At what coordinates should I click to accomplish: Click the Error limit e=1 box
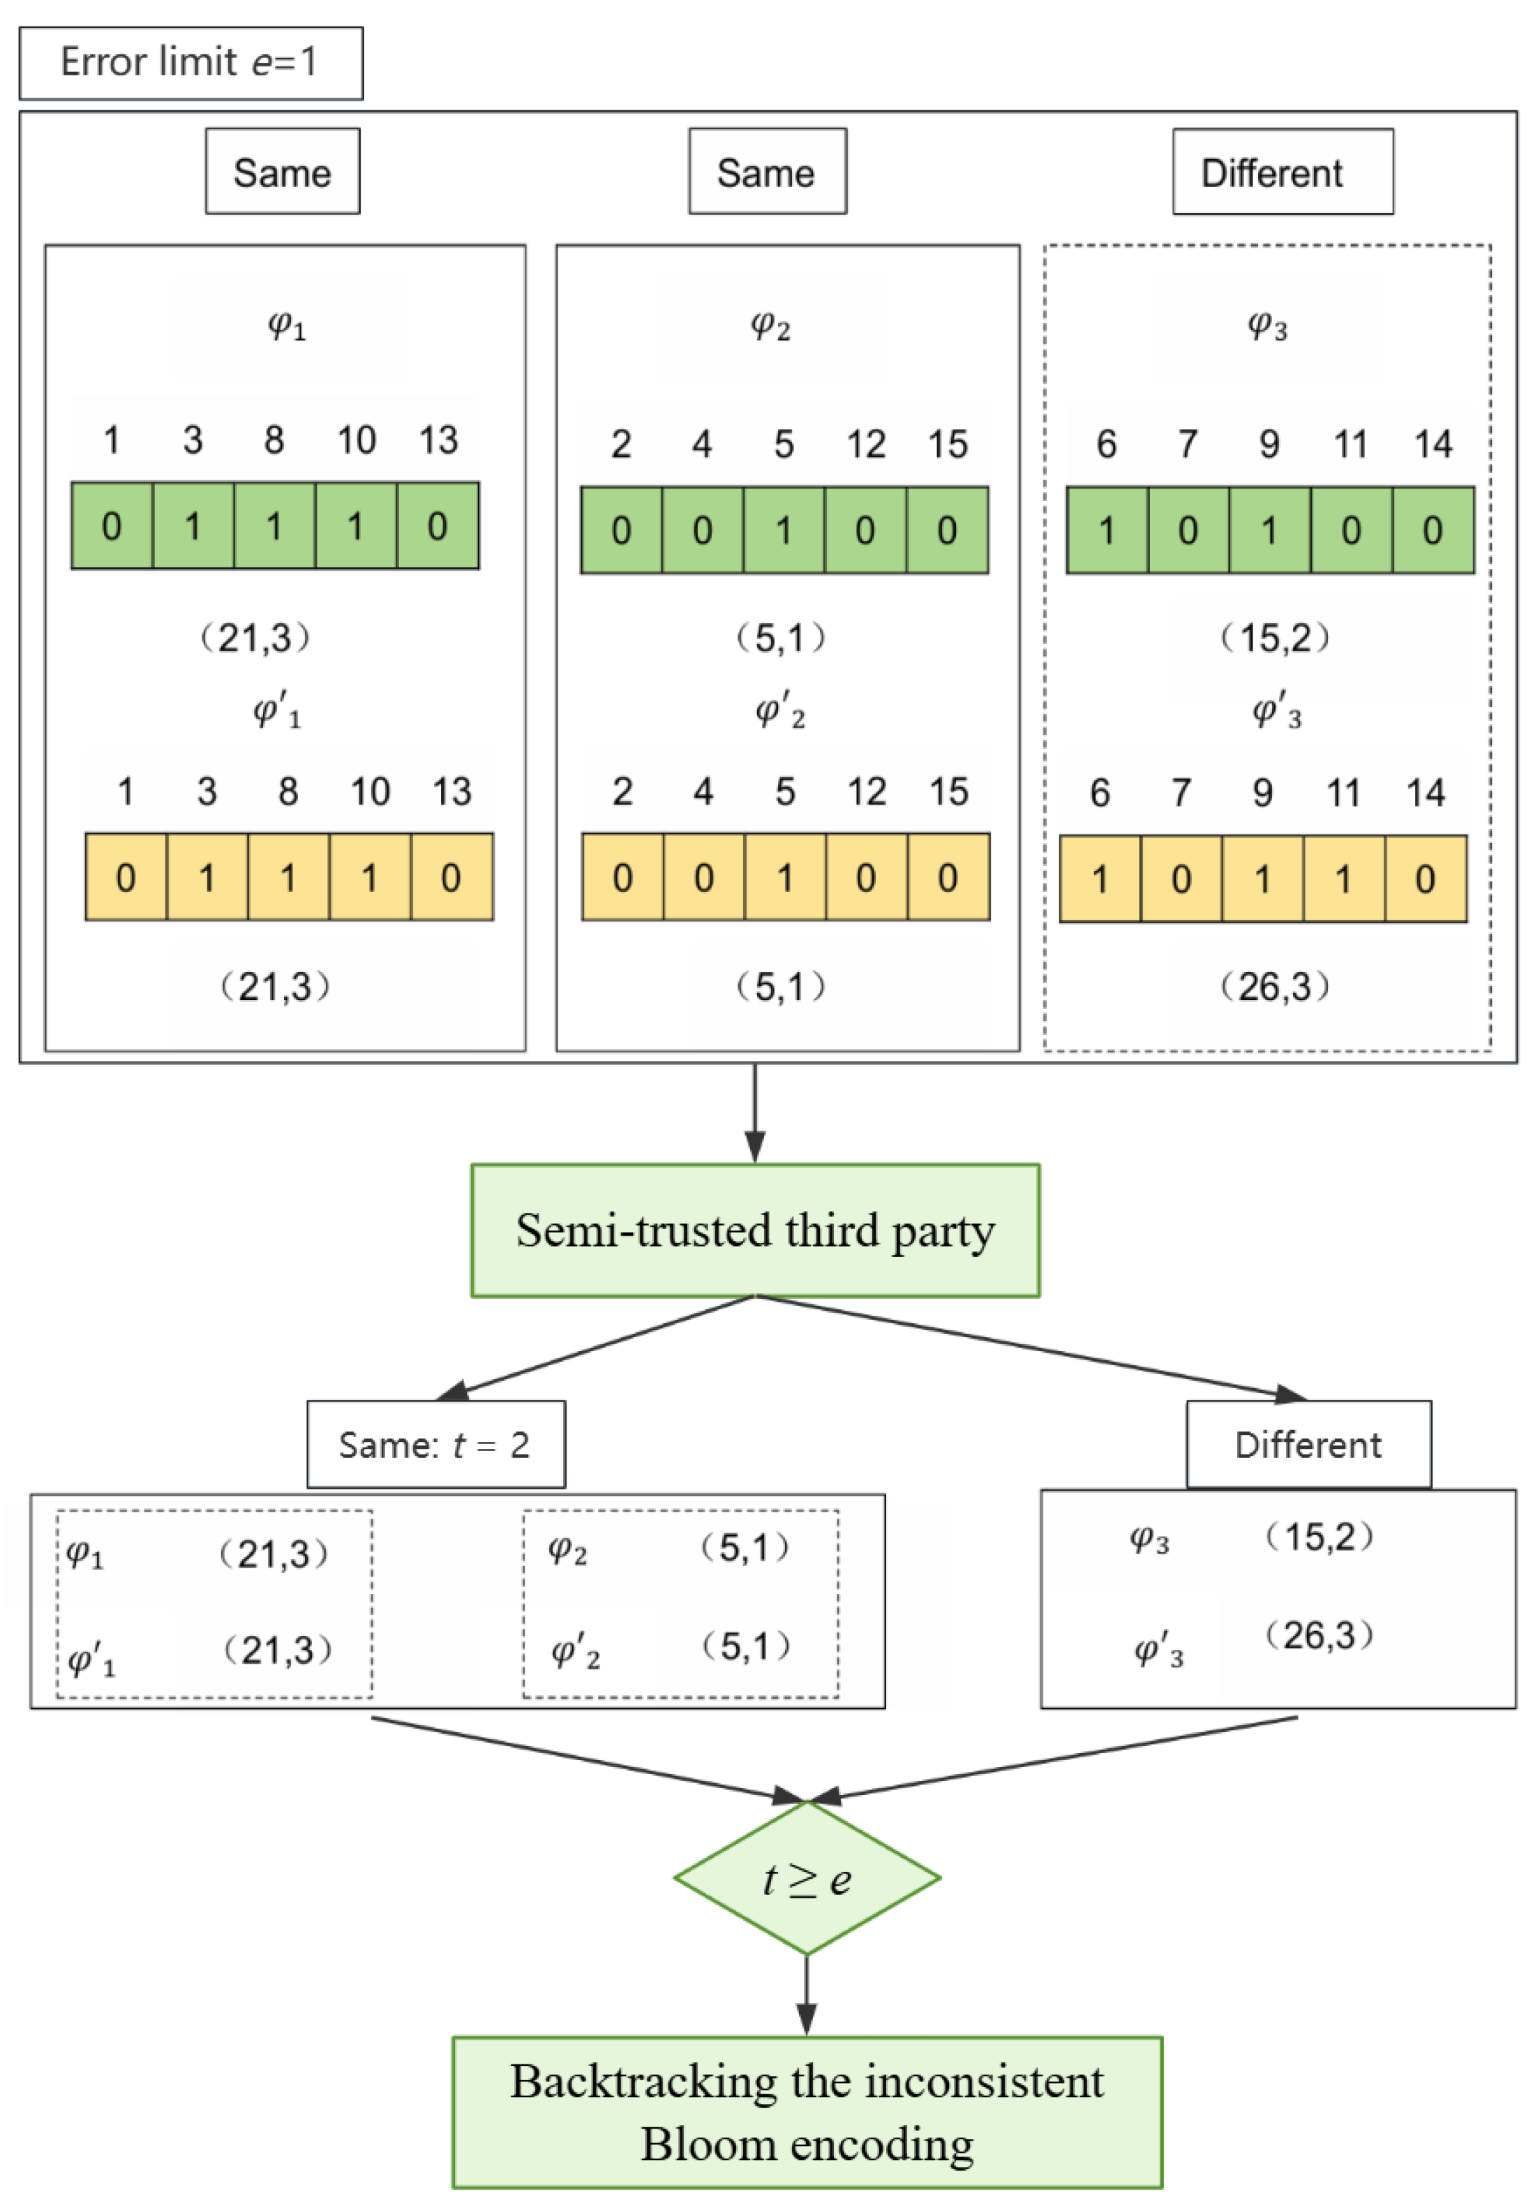(190, 64)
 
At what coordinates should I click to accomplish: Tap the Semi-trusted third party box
(754, 1230)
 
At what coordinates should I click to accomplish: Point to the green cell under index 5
(784, 530)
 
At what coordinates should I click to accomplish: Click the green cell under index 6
(1107, 530)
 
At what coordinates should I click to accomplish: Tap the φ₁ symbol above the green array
(286, 327)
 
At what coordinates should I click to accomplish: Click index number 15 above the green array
(947, 444)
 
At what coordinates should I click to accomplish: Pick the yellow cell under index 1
(126, 877)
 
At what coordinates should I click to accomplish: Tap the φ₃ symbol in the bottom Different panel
(1149, 1539)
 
